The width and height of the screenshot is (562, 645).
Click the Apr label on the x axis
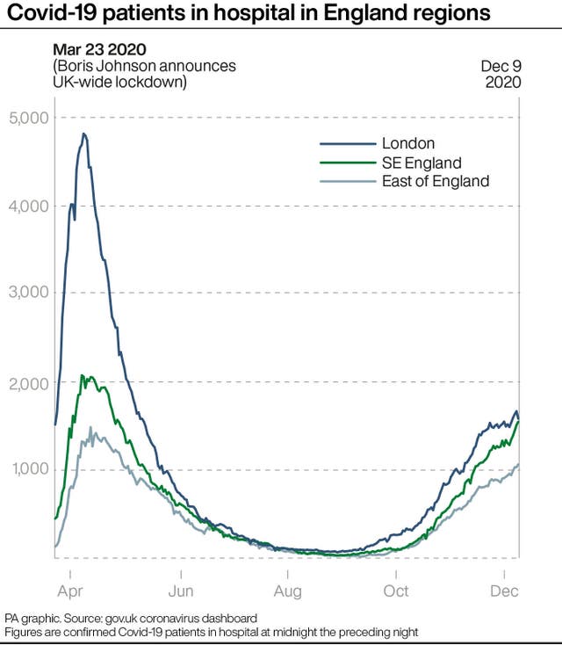[74, 591]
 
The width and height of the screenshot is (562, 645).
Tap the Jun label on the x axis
[181, 591]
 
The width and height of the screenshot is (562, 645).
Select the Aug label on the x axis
[288, 591]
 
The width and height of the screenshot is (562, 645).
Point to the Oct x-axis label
[396, 591]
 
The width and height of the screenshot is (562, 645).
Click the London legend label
[408, 143]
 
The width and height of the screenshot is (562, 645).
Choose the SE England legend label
[421, 163]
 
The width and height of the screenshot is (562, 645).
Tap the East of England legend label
[436, 181]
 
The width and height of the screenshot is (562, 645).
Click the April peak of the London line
[84, 134]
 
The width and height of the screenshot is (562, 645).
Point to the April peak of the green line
[83, 376]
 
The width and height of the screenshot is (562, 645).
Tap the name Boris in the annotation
[78, 67]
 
